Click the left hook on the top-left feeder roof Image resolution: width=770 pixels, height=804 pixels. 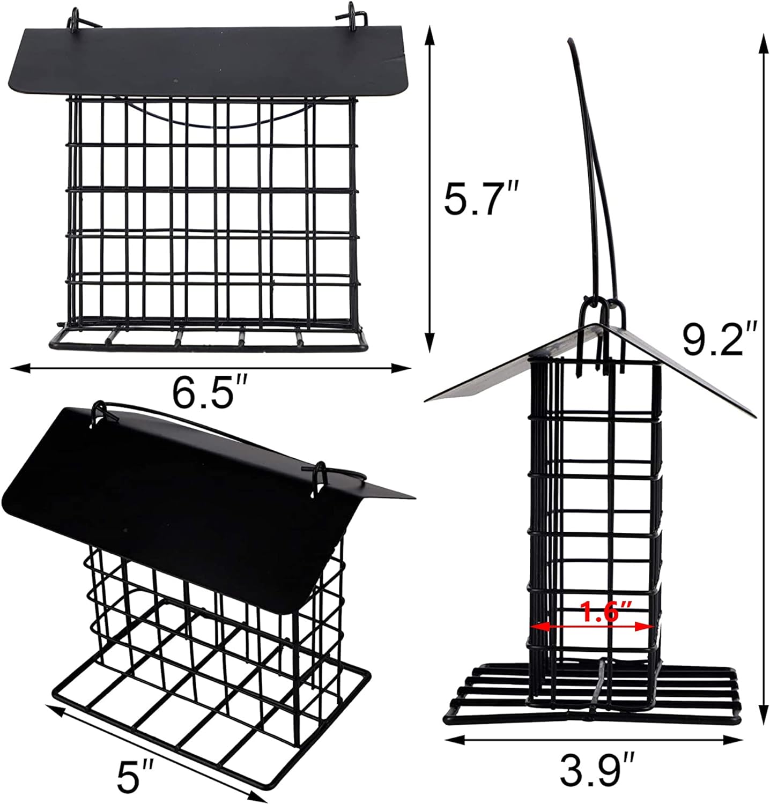[76, 18]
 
